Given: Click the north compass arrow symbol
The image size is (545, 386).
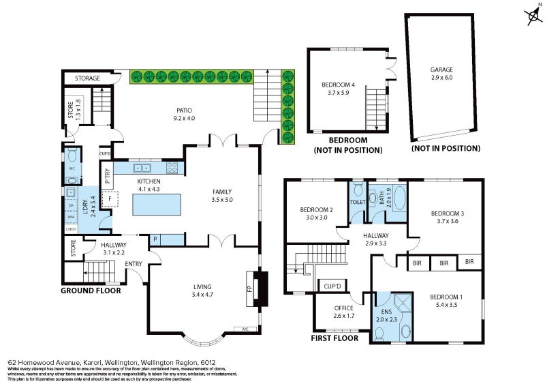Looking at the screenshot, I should [x=532, y=16].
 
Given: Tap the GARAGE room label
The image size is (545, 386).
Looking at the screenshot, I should [x=441, y=70].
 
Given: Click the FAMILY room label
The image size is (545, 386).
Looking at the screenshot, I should [x=223, y=192].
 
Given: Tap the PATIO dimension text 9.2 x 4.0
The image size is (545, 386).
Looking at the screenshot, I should [x=184, y=118].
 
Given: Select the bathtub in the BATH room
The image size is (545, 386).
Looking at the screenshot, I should [x=395, y=201].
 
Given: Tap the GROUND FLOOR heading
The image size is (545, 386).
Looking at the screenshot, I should [x=91, y=291].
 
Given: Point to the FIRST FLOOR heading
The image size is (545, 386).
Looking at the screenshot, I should [x=334, y=338].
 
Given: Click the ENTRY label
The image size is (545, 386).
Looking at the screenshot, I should [x=134, y=264].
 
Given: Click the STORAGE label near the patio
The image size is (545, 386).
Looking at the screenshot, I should [x=87, y=78].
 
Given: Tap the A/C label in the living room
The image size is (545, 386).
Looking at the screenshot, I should [x=246, y=329].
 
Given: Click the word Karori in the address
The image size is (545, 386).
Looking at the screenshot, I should [x=93, y=363].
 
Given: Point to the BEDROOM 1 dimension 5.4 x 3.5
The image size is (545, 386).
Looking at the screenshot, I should [x=447, y=305].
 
